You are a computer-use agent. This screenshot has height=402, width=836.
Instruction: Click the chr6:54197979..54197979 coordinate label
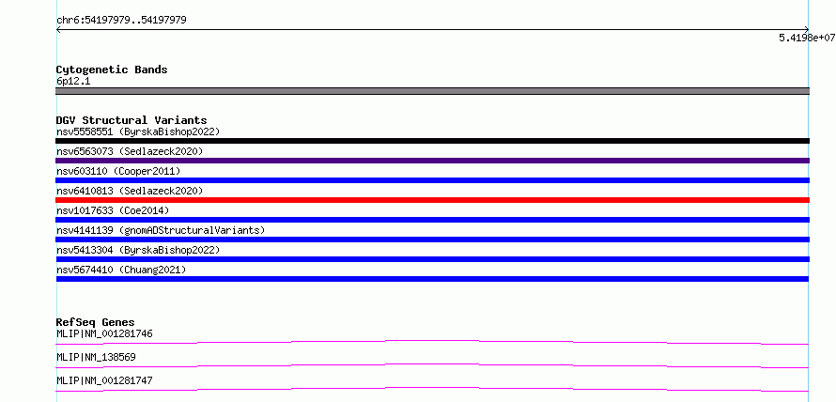121,21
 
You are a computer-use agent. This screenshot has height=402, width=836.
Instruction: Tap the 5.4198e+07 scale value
807,38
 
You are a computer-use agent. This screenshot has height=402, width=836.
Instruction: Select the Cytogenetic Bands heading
112,70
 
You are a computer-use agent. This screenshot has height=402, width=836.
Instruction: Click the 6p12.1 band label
73,82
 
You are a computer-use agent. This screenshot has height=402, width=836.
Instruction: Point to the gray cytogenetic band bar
432,91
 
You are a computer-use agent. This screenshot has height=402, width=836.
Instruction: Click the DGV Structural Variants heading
132,120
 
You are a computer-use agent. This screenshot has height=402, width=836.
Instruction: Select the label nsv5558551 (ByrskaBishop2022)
138,131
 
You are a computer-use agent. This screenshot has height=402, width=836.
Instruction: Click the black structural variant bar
432,141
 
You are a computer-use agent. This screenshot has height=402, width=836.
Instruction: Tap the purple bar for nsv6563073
432,161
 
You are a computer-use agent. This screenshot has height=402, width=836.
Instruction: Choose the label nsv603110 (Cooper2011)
118,171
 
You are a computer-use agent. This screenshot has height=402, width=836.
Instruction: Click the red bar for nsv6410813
432,200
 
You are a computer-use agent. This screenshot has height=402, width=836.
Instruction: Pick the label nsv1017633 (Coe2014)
113,210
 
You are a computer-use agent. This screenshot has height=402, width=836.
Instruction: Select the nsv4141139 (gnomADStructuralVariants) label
161,230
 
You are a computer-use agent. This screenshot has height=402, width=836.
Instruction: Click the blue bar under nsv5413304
432,259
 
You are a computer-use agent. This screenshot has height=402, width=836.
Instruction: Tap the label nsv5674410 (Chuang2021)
121,270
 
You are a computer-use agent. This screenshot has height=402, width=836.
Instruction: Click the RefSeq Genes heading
96,322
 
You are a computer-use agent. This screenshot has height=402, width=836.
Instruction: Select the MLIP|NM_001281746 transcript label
104,334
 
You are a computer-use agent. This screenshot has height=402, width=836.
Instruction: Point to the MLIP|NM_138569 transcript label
96,357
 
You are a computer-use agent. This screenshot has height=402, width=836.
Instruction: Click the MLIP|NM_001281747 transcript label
104,380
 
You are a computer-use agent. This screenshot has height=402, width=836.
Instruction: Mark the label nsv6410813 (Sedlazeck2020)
130,191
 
